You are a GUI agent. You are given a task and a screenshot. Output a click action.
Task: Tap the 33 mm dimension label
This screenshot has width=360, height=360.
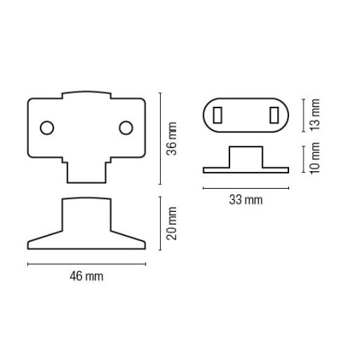click(x=245, y=201)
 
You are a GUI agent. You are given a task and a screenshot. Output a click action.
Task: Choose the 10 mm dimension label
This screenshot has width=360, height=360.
click(x=315, y=158)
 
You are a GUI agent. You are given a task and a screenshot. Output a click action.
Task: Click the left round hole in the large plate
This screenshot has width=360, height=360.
click(x=47, y=127)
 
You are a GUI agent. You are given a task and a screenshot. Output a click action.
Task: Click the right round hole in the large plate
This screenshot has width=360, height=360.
click(x=126, y=127)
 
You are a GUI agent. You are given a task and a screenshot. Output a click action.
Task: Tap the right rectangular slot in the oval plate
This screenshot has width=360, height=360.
click(x=274, y=114)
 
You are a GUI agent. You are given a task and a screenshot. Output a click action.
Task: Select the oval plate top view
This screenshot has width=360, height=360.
click(x=247, y=114)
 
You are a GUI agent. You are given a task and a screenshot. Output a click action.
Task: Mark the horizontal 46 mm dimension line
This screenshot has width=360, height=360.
click(x=86, y=263)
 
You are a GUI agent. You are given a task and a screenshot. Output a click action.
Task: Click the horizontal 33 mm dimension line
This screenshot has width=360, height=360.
click(x=245, y=188)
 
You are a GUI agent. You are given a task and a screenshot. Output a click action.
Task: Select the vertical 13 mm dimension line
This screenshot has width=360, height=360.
click(x=303, y=114)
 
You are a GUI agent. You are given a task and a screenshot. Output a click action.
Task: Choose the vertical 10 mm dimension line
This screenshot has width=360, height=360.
click(x=303, y=158)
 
